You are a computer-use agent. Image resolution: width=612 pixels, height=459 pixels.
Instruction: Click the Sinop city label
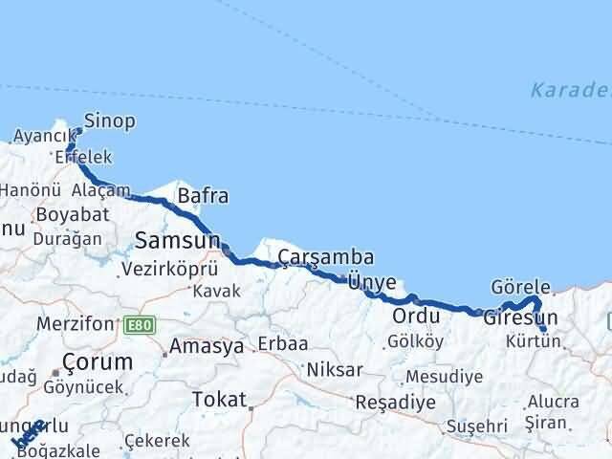[x=110, y=121]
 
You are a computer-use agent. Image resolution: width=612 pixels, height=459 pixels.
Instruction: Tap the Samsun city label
[x=178, y=239]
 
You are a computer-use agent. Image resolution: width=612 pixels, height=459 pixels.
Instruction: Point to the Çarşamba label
[x=326, y=257]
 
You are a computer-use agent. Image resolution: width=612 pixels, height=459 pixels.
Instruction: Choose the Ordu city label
[x=416, y=317]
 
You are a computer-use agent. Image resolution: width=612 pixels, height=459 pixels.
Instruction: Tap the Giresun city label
[x=520, y=317]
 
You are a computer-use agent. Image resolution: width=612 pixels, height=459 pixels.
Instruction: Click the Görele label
[x=521, y=287]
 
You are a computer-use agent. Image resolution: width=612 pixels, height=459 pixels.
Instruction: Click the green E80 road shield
[x=140, y=326]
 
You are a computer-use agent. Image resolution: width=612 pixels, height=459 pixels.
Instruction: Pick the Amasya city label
[x=207, y=347]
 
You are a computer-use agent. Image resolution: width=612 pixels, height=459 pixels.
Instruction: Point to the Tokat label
[x=219, y=399]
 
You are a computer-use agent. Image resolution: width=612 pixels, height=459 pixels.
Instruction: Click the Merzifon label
[x=75, y=324]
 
